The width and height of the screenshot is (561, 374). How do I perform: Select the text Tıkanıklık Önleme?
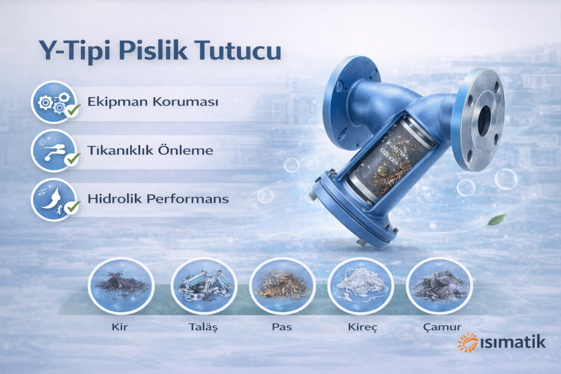(150, 150)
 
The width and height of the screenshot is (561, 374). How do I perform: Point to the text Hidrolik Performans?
(158, 199)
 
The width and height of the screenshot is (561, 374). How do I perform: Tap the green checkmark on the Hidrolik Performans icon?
(72, 206)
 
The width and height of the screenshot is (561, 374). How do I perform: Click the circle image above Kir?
(121, 286)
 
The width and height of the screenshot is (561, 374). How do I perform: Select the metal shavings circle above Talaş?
(204, 286)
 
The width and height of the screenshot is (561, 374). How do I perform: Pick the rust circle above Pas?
(282, 286)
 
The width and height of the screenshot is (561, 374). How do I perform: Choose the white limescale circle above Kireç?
(361, 286)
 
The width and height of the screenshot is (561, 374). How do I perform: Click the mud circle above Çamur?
(439, 286)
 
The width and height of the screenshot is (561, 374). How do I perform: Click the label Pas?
(282, 328)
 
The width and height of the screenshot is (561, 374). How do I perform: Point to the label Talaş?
(203, 328)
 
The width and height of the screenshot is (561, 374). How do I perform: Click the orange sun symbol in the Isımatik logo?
(468, 342)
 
